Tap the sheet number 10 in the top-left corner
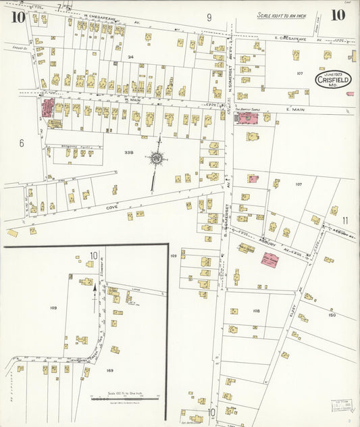(18, 16)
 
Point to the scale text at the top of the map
(281, 15)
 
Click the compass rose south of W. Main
(157, 159)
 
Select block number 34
(130, 57)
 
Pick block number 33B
(130, 153)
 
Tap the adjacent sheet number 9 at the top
(209, 18)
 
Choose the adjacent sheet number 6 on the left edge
(22, 143)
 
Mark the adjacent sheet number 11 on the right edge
(345, 220)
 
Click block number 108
(256, 311)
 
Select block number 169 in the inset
(110, 370)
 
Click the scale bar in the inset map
(125, 399)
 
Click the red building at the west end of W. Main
(49, 107)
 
